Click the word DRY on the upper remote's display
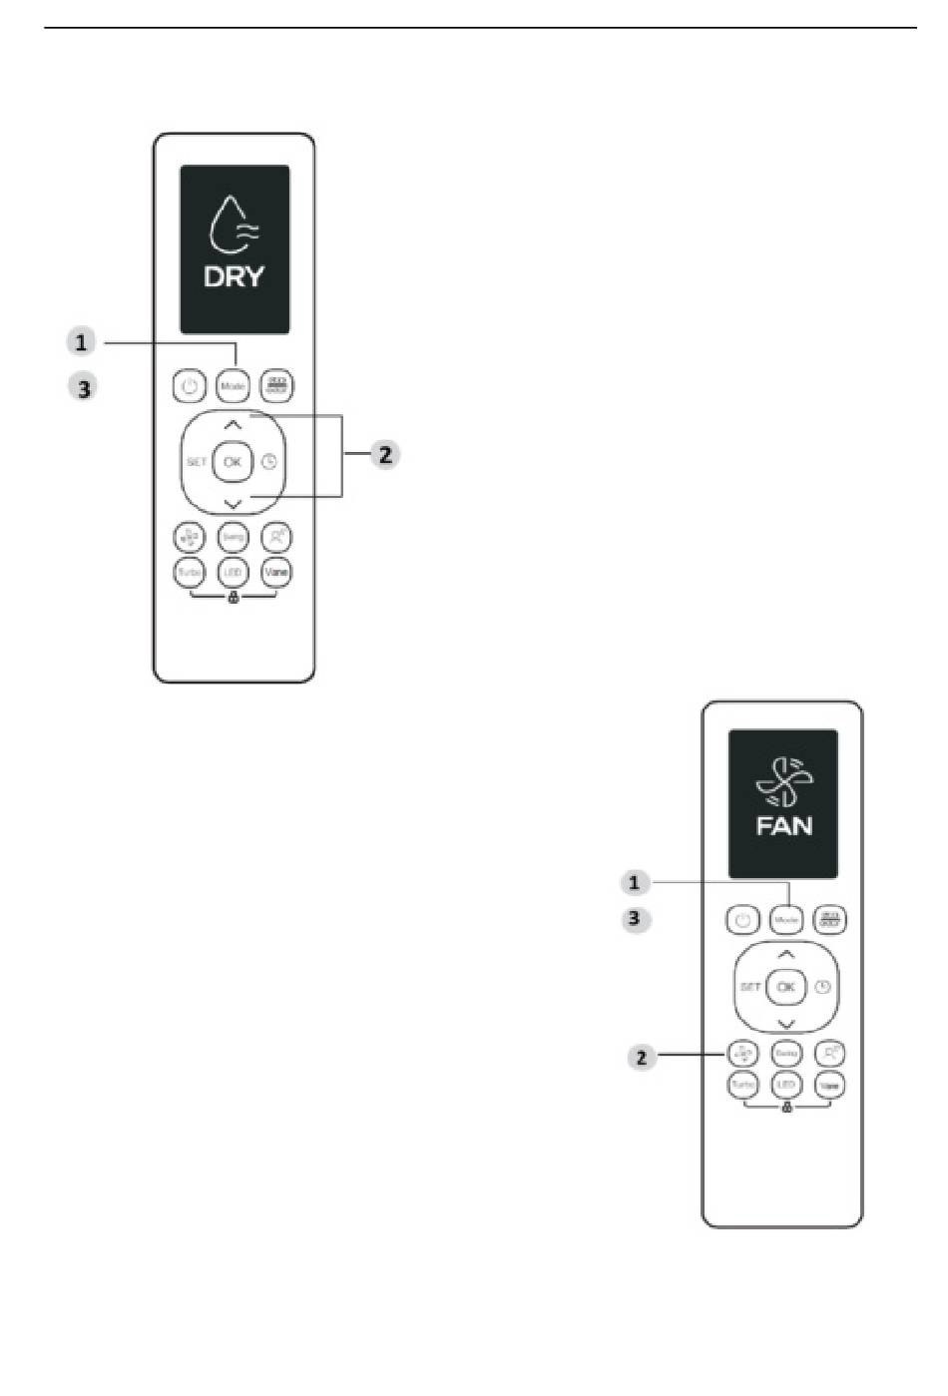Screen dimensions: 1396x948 (234, 276)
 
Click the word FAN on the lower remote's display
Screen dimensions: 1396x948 (783, 825)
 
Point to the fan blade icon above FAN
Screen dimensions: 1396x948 (784, 781)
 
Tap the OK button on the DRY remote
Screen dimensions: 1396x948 (233, 461)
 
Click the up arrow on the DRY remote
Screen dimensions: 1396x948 (233, 425)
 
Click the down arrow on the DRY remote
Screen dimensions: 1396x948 (233, 503)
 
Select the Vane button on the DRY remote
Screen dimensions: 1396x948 (276, 572)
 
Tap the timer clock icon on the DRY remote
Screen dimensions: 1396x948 (269, 462)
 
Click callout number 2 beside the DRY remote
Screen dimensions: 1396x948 (384, 455)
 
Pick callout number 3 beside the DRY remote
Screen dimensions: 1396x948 (84, 387)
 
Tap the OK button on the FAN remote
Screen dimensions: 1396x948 (786, 987)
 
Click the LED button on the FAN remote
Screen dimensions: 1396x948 (786, 1085)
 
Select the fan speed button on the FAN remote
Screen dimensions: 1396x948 (742, 1053)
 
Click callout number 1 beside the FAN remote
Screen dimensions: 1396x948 (634, 883)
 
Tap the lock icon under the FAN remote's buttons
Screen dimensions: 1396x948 (786, 1109)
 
